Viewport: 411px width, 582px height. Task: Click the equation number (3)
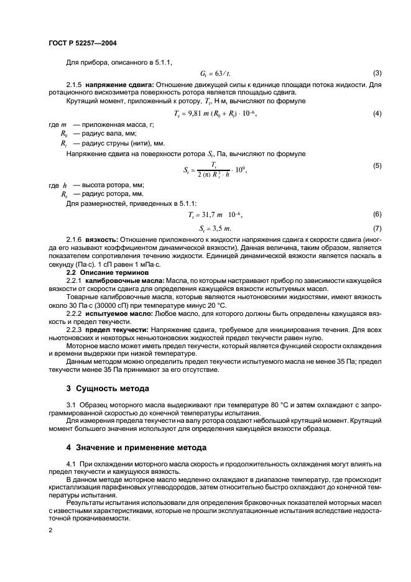pyautogui.click(x=376, y=73)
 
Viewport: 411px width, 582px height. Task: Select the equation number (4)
pyautogui.click(x=376, y=113)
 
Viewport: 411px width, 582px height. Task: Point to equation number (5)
pyautogui.click(x=376, y=165)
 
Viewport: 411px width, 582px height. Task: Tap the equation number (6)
pyautogui.click(x=376, y=213)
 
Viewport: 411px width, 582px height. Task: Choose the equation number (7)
pyautogui.click(x=376, y=228)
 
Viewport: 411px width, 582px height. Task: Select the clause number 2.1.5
pyautogui.click(x=75, y=84)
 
